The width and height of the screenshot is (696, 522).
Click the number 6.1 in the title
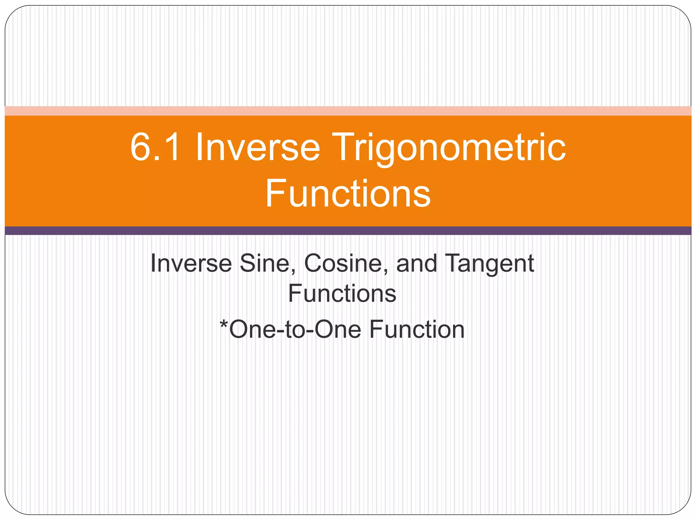coord(155,147)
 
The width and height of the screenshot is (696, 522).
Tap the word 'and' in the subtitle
coord(417,263)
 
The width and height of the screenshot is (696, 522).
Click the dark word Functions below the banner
coord(342,293)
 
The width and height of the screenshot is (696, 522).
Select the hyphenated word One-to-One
coord(295,329)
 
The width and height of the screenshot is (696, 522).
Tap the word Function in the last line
coord(417,329)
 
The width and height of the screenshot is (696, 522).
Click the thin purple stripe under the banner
coord(348,231)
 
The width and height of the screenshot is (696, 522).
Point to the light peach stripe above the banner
coord(348,111)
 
